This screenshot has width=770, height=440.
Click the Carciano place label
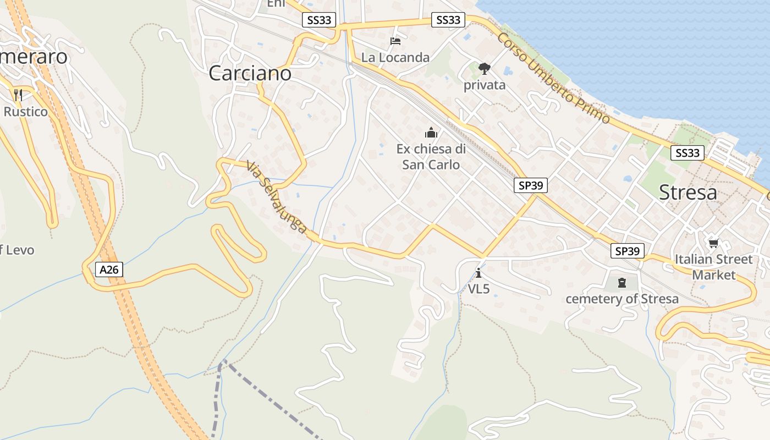click(x=250, y=73)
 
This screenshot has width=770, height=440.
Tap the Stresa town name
click(x=687, y=193)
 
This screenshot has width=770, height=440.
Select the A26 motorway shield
click(x=109, y=269)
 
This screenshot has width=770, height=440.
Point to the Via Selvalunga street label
click(x=276, y=196)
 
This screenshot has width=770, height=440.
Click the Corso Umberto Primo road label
click(x=553, y=78)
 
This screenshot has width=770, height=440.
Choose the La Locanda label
click(x=395, y=57)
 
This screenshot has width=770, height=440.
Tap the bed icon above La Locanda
click(x=395, y=41)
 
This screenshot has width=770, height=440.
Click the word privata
click(x=484, y=85)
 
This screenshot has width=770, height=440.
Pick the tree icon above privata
click(x=484, y=68)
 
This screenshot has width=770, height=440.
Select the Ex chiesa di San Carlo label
click(x=431, y=157)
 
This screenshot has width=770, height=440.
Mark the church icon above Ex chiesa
click(x=431, y=133)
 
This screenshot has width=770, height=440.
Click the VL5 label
click(x=479, y=288)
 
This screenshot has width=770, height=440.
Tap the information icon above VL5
click(x=479, y=273)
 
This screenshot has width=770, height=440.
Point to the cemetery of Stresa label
click(x=622, y=299)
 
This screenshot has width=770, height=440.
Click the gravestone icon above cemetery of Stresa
click(x=622, y=283)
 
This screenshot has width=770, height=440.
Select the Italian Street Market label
click(x=713, y=267)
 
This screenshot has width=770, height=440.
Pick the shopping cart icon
click(x=713, y=243)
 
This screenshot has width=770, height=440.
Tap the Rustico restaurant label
click(x=25, y=112)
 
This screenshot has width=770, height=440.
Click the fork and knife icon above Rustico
click(x=18, y=95)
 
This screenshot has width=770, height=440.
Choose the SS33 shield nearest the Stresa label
click(x=687, y=153)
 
